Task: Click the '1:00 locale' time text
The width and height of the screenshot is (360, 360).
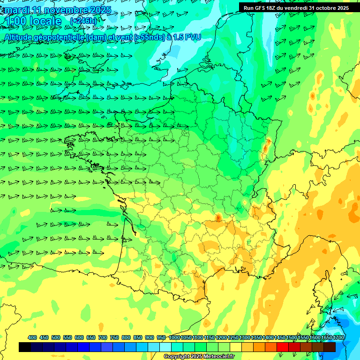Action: pos(33,22)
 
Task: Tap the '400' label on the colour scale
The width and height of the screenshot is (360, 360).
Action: pos(32,337)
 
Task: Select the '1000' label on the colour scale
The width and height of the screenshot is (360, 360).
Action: pos(174,337)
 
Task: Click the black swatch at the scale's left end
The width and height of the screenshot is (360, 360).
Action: pos(24,347)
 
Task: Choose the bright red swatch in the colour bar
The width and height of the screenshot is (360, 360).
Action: pos(282,347)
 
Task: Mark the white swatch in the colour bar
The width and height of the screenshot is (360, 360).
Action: pos(165,347)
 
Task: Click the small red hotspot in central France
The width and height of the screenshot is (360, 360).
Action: pos(218,217)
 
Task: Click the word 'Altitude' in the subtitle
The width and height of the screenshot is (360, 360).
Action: pos(21,37)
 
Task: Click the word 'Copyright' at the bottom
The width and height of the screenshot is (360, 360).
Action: pos(176,357)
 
